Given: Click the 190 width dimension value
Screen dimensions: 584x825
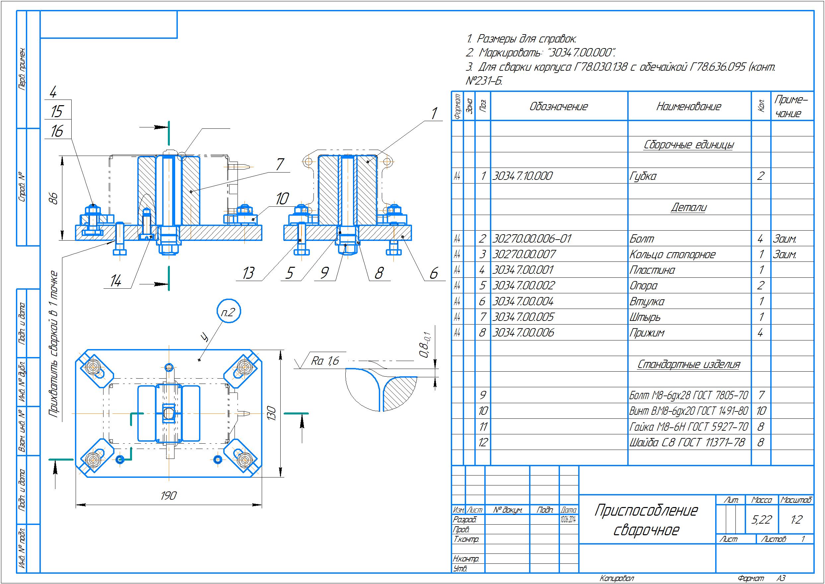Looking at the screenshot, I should coord(168,495).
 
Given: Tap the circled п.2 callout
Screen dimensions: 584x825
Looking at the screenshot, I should coord(229,312).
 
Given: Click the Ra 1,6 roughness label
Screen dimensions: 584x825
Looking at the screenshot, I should coord(325,361).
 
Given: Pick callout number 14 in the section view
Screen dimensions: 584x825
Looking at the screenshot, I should coord(115,281).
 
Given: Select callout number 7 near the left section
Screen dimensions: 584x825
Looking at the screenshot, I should coord(280,164).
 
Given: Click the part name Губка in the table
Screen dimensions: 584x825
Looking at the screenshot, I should coord(643,176).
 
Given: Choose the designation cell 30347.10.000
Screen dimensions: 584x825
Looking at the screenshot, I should coord(522,176).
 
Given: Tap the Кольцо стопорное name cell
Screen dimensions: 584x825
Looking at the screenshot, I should coord(672,254).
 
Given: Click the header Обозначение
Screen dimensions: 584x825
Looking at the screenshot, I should coord(559,107).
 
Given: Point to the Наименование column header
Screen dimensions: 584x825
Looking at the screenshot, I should coord(689,107).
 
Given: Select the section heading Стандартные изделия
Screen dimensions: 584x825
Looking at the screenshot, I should coord(689,364).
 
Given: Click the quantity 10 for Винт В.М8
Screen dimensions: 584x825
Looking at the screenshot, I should coord(761,411).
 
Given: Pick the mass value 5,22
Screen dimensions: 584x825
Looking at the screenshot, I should coord(761,519).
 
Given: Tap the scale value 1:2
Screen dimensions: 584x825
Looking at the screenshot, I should coord(796,519).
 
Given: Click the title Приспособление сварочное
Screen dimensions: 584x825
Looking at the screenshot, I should coord(646,520).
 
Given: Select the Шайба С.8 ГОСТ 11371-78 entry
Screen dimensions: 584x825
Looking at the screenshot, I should coord(687,442).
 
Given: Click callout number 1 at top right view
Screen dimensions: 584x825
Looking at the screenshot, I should coord(434,113).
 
